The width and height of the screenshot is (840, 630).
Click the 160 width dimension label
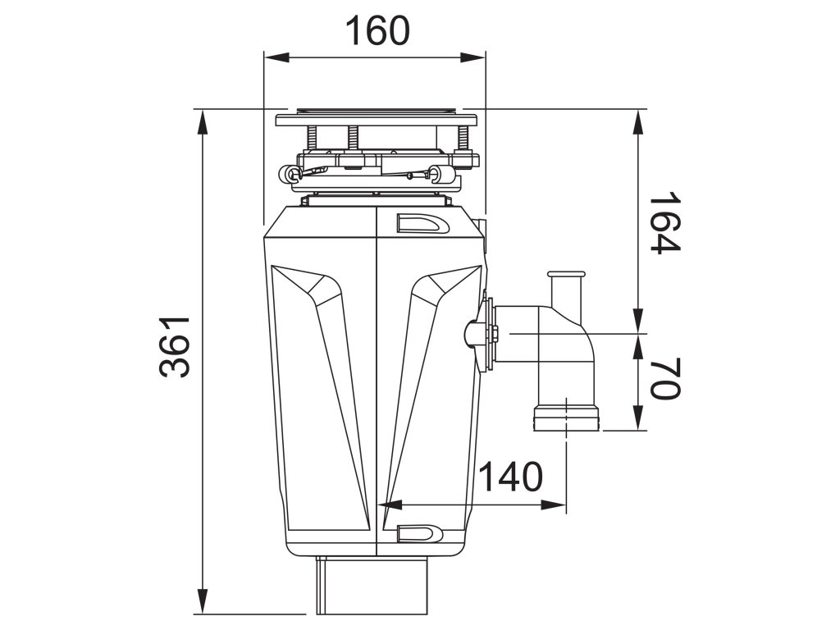pyautogui.click(x=377, y=31)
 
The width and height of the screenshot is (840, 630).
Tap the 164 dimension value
pyautogui.click(x=664, y=223)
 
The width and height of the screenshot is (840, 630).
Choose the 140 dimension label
pyautogui.click(x=510, y=476)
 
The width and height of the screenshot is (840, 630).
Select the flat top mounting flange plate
pyautogui.click(x=376, y=120)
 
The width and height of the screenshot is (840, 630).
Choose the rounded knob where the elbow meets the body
pyautogui.click(x=475, y=333)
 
